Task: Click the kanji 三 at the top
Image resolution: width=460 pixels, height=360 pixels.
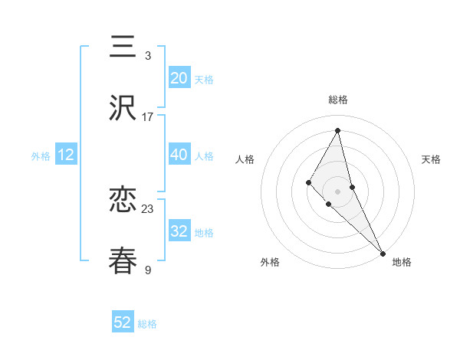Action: [123, 47]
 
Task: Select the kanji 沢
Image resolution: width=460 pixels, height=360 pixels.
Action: [123, 109]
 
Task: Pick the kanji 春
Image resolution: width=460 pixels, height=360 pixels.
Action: [123, 261]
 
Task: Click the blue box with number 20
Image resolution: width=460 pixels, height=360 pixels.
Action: [179, 77]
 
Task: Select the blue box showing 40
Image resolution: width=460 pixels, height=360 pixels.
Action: [179, 155]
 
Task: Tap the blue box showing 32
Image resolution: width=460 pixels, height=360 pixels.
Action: [179, 231]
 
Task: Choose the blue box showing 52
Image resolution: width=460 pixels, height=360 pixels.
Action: [123, 322]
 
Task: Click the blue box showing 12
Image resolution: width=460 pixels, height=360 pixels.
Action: [66, 155]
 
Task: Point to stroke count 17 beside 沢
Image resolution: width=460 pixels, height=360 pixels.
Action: [148, 117]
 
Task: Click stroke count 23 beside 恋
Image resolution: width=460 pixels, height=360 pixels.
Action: [148, 208]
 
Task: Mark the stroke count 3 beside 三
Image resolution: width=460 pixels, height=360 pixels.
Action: [148, 56]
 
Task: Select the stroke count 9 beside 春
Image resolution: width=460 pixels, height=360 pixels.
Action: [148, 270]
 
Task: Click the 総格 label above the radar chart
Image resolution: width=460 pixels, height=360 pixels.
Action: [337, 100]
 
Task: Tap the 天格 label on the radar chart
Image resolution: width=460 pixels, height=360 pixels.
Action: [431, 159]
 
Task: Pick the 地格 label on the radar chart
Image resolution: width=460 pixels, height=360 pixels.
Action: [402, 262]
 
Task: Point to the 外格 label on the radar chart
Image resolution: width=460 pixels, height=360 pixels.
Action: [270, 262]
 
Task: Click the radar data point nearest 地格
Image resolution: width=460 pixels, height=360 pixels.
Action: [382, 253]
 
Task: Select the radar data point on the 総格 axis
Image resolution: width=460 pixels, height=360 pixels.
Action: [337, 130]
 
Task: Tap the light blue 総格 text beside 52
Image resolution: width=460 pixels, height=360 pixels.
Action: [147, 324]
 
